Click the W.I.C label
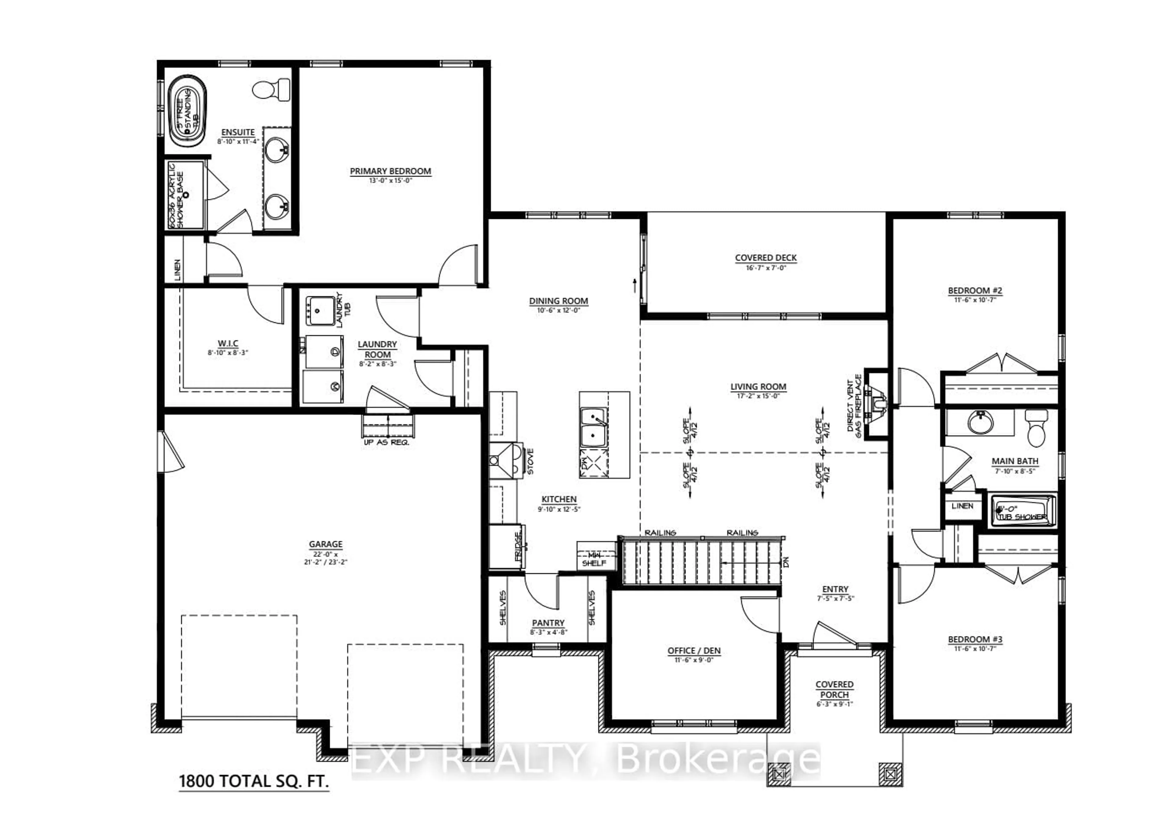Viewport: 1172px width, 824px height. click(x=228, y=344)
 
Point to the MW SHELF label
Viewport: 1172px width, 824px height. click(x=594, y=559)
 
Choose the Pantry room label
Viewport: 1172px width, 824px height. click(x=548, y=623)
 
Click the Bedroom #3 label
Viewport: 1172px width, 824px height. click(x=975, y=639)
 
